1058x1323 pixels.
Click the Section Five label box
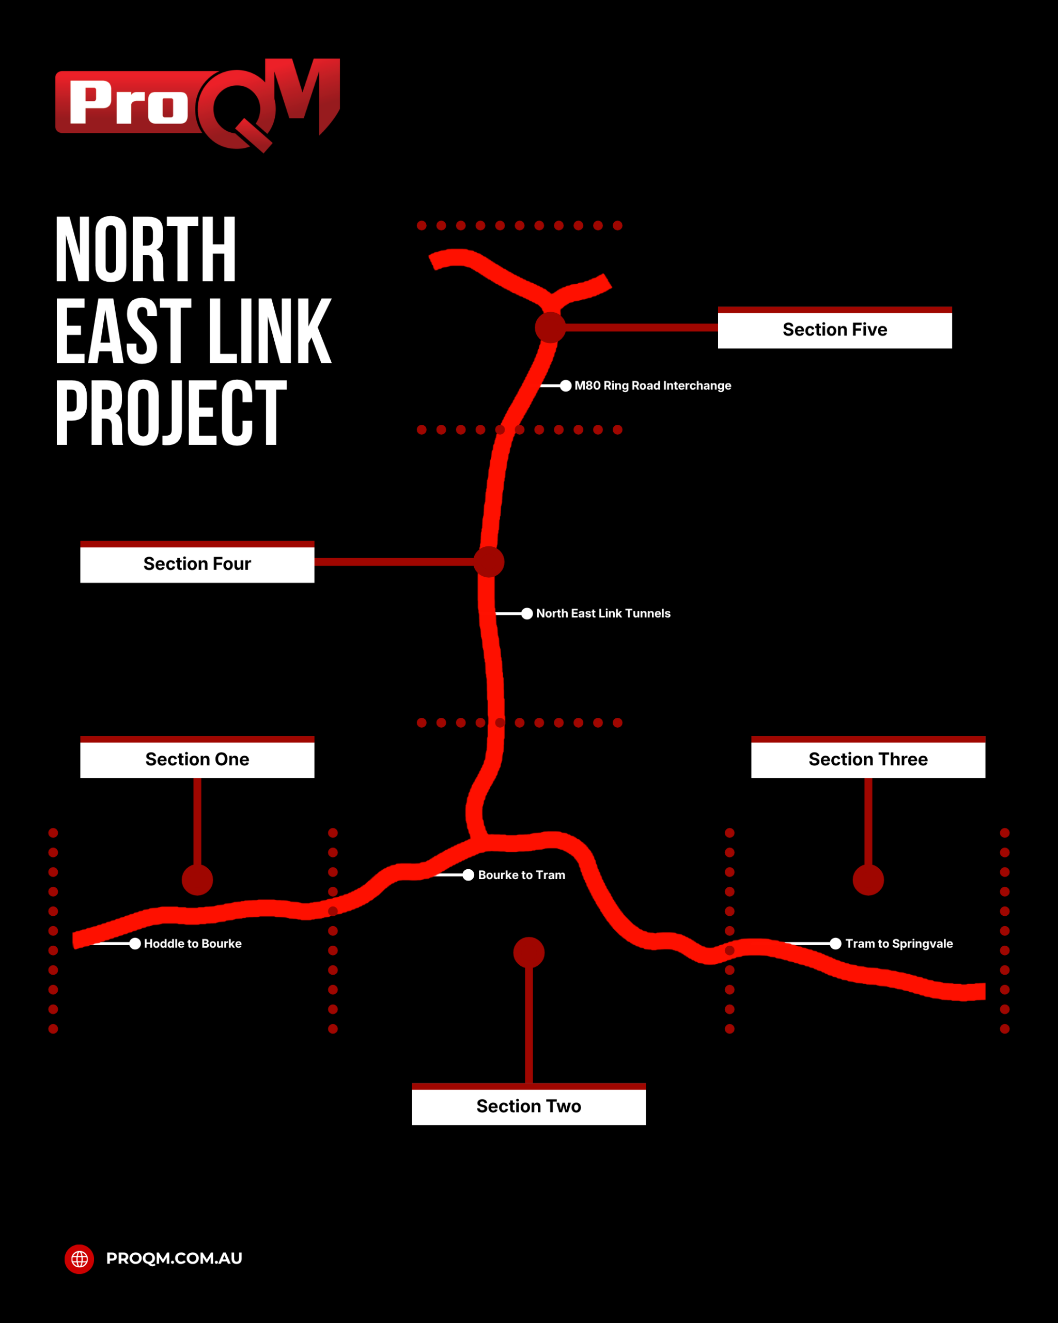(x=835, y=328)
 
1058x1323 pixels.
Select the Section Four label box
(x=197, y=562)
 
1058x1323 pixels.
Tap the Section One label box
(x=197, y=757)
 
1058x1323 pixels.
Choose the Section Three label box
(x=868, y=757)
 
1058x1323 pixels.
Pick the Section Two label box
(x=528, y=1104)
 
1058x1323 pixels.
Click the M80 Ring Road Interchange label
(x=652, y=386)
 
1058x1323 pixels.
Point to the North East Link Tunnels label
(x=603, y=613)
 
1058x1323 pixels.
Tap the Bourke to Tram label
(x=521, y=875)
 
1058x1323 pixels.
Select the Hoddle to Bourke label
(x=193, y=943)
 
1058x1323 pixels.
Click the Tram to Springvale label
(x=899, y=943)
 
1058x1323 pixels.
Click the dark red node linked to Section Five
(x=550, y=327)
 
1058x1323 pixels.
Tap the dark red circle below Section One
(x=197, y=880)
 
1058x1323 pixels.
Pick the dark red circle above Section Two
(x=528, y=952)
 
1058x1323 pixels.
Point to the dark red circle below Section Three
(x=868, y=880)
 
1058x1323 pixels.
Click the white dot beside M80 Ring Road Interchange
(x=566, y=386)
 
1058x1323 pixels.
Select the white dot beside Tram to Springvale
(x=835, y=943)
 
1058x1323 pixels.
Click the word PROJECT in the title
(x=171, y=412)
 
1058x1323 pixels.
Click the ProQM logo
(x=197, y=105)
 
